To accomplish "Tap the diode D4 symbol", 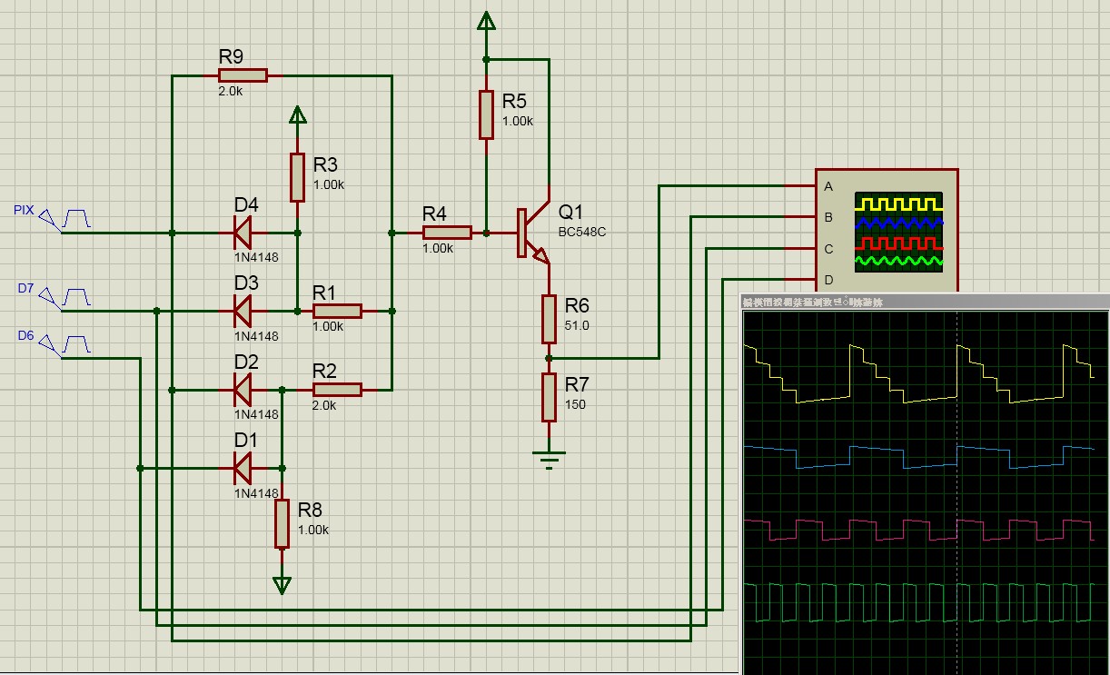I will coord(243,233).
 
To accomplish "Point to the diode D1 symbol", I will coord(243,469).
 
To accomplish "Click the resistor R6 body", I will coord(549,318).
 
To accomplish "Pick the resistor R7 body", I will coord(549,397).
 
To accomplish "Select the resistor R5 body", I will coord(486,114).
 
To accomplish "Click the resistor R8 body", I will coord(282,523).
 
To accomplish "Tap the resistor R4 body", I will coord(447,233).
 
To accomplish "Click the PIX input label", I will coord(24,210).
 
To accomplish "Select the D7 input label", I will coord(25,288).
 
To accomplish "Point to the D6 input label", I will coord(25,336).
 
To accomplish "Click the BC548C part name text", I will coord(582,233).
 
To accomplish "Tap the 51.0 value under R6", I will coord(576,325).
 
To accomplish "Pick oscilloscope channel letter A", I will coord(828,187).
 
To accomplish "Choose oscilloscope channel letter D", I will coord(828,279).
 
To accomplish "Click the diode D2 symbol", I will coord(243,390).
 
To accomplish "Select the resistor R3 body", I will coord(297,177).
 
